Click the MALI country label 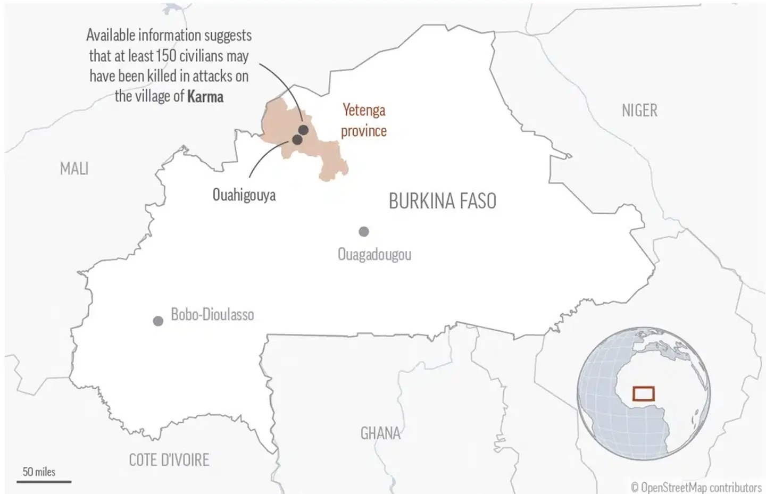74,169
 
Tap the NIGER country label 639,111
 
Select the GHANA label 380,433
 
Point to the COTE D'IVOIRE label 169,460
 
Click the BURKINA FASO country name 443,201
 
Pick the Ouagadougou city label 374,254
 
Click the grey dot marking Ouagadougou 364,231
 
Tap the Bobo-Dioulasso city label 212,314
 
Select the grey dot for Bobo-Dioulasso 158,321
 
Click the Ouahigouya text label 244,195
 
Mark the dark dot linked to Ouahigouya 297,140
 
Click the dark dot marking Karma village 304,130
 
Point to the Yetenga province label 364,120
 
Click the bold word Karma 205,97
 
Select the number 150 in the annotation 166,56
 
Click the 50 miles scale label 39,472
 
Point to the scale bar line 44,482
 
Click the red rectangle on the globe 643,393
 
